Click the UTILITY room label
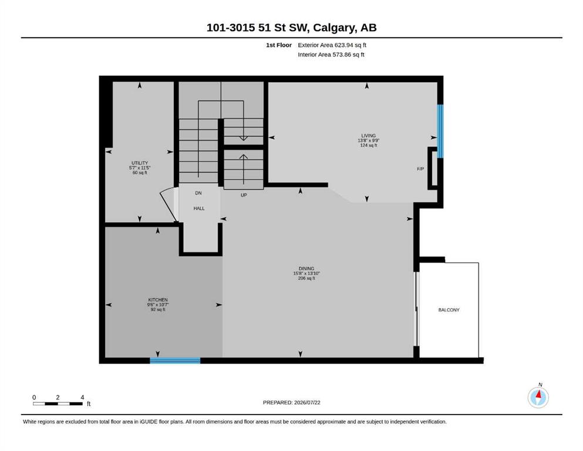click(x=140, y=163)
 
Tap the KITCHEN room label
click(x=158, y=299)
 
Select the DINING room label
click(x=306, y=268)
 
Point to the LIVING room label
click(x=369, y=136)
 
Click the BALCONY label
click(x=449, y=309)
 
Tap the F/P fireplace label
click(x=420, y=169)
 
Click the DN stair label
click(x=198, y=193)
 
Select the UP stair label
click(x=244, y=195)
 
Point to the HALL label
click(x=199, y=208)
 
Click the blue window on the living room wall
click(x=440, y=131)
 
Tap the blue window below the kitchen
click(x=175, y=361)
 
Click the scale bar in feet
click(x=58, y=403)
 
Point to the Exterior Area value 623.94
click(x=343, y=45)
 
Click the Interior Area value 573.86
click(x=342, y=54)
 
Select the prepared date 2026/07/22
click(x=307, y=402)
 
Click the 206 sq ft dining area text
click(x=306, y=278)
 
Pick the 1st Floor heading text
click(x=279, y=45)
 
